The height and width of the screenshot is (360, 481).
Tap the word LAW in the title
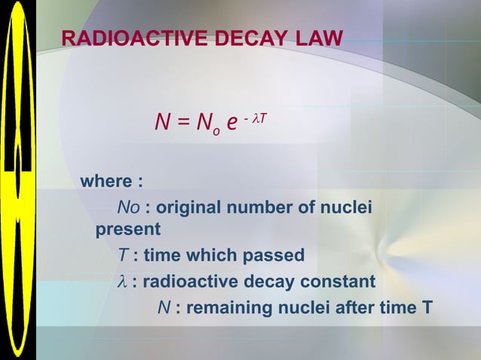point(318,38)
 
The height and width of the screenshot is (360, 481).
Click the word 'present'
point(127,228)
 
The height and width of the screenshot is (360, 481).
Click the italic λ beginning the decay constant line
point(122,282)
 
